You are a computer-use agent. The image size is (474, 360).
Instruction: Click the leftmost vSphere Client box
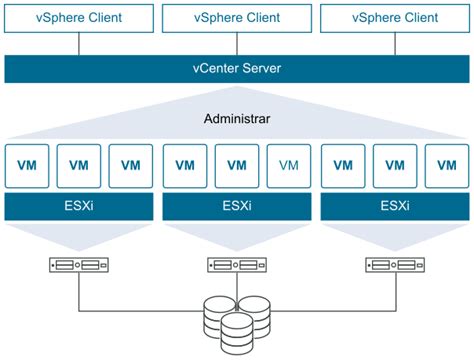click(x=79, y=16)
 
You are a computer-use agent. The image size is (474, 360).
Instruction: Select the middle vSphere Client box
click(x=237, y=16)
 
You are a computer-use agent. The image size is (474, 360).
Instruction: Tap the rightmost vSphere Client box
click(x=394, y=16)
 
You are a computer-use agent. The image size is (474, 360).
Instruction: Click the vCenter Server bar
click(x=237, y=69)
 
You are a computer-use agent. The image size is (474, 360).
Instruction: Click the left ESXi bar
click(x=79, y=207)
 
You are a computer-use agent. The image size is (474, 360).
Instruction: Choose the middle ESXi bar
click(x=237, y=207)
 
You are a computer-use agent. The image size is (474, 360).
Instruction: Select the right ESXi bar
click(x=394, y=207)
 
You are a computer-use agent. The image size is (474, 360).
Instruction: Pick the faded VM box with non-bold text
click(x=289, y=165)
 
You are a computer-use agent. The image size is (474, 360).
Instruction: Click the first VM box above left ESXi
click(x=27, y=165)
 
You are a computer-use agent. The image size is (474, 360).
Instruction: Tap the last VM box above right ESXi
click(x=447, y=165)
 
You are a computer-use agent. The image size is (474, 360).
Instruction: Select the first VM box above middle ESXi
click(x=184, y=165)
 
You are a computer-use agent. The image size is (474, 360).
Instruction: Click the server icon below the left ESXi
click(x=79, y=266)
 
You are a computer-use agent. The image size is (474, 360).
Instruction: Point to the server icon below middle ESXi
click(x=237, y=266)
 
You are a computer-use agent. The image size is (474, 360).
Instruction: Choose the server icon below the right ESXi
click(x=394, y=266)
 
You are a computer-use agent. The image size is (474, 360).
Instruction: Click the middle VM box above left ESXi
click(x=79, y=165)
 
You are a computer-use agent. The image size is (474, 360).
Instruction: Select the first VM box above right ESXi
click(x=342, y=165)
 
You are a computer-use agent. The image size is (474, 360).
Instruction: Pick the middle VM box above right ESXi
click(x=394, y=165)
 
